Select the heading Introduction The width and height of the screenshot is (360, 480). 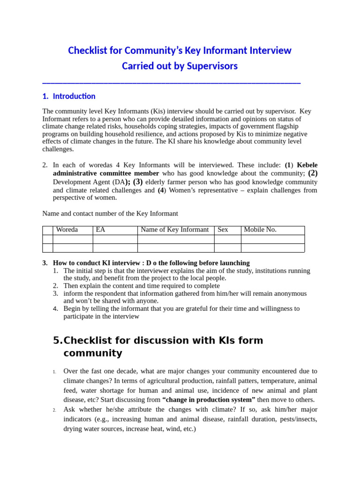(74, 96)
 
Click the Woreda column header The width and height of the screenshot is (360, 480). (67, 230)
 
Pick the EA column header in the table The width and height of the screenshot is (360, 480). (100, 230)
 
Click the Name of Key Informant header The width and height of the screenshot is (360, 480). (174, 230)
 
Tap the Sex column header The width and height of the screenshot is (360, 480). (223, 230)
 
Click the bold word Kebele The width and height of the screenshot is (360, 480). (307, 165)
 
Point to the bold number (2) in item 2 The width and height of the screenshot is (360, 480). (313, 173)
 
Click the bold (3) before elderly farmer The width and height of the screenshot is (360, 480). (138, 182)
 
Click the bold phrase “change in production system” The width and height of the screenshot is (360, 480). (209, 400)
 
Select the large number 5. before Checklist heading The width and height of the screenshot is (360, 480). (58, 341)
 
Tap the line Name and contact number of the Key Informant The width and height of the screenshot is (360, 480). (110, 214)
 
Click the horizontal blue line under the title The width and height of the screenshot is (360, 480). (171, 83)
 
